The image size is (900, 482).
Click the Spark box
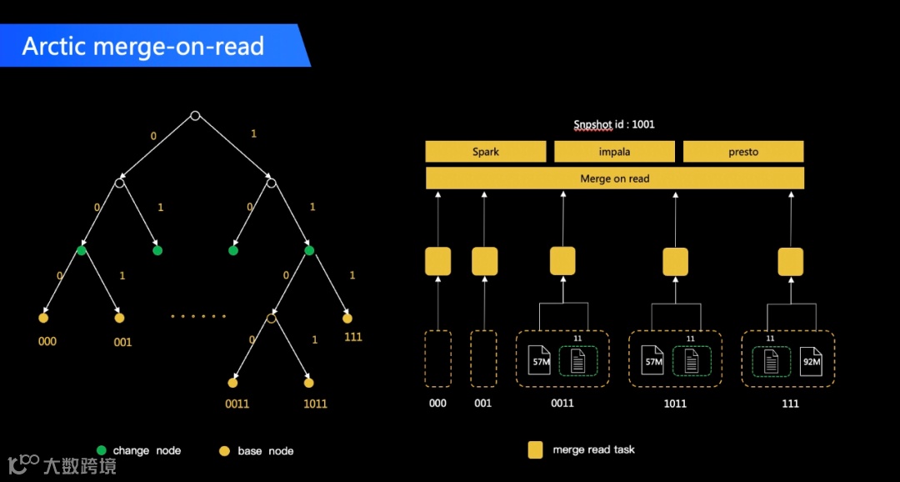coord(485,152)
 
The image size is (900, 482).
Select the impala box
coord(614,152)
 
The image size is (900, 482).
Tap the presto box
coord(742,152)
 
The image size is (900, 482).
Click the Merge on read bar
coord(614,178)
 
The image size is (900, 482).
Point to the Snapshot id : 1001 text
coord(614,124)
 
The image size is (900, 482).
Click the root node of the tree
coord(195,115)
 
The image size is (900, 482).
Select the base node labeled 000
coord(43,318)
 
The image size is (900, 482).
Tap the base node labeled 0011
coord(233,383)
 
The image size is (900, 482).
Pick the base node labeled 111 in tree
coord(347,318)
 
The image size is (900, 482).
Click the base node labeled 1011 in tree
coord(309,383)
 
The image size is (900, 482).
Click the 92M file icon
coord(811,362)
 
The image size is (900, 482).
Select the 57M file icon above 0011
coord(540,362)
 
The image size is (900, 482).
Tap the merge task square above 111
coord(790,262)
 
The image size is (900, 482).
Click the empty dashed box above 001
coord(483,359)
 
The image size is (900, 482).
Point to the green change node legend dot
coord(102,450)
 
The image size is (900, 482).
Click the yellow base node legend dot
coord(224,451)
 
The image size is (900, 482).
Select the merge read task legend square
coord(536,450)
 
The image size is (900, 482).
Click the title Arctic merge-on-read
coord(143,46)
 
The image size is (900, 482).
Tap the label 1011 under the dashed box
coord(675,404)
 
